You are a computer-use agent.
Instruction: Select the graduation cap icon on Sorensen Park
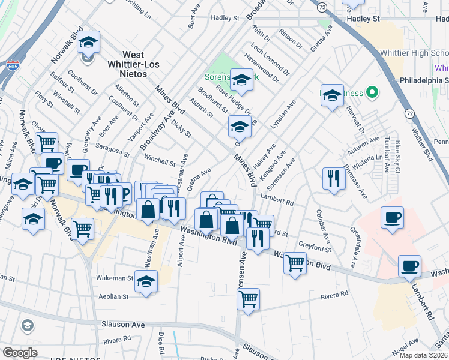pyautogui.click(x=241, y=80)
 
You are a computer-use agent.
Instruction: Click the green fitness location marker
pyautogui.click(x=372, y=92)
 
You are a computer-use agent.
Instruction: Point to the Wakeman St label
pyautogui.click(x=115, y=278)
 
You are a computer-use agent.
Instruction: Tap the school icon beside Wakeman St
pyautogui.click(x=146, y=281)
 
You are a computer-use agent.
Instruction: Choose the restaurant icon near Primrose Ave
pyautogui.click(x=332, y=178)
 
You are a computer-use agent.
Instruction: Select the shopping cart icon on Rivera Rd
pyautogui.click(x=248, y=298)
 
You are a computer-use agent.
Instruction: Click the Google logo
pyautogui.click(x=20, y=353)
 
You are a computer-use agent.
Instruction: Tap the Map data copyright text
pyautogui.click(x=424, y=355)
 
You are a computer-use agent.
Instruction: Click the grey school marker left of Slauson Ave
pyautogui.click(x=26, y=326)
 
